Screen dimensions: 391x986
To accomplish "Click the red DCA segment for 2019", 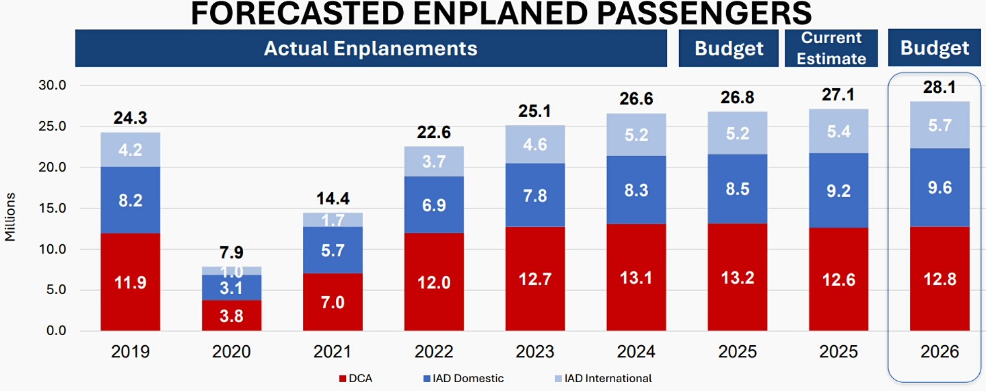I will coord(130,282).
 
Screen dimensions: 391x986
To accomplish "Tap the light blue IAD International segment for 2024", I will coord(636,134).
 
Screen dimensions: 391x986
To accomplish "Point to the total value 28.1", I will coord(940,87).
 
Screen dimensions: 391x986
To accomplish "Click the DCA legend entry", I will coord(356,378).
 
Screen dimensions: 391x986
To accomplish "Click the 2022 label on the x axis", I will coord(434,351).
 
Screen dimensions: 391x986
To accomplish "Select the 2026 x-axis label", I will coord(940,351).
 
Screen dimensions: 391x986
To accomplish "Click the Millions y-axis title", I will coord(10,217).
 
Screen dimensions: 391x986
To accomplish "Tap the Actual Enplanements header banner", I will coord(370,49).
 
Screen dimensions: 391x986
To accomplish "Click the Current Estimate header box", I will coord(831,48).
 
